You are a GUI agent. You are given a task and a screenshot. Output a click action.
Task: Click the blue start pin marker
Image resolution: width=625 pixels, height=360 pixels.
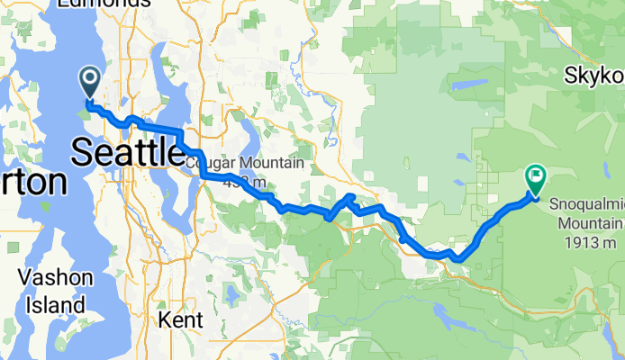coord(91,82)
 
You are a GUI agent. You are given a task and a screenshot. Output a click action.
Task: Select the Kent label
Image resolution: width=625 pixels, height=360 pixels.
coord(180,319)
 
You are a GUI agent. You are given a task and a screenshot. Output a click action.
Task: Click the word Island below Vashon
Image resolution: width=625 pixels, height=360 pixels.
coord(56,305)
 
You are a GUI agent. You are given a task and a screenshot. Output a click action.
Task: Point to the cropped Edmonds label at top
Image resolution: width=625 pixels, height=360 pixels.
coord(104,4)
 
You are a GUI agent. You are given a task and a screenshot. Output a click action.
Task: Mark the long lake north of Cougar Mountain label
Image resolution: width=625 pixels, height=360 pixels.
coord(246,135)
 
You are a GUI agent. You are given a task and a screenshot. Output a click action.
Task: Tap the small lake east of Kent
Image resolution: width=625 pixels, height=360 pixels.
coord(233,293)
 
